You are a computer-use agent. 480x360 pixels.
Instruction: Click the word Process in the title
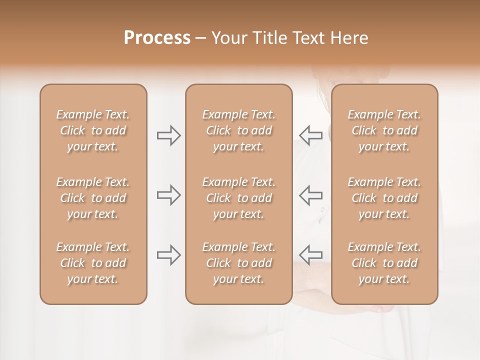coord(157,38)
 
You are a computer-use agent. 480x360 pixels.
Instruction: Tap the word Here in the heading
coord(348,38)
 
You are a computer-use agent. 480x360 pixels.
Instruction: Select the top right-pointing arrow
coord(169,135)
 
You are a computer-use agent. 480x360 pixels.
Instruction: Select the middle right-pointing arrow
coord(169,195)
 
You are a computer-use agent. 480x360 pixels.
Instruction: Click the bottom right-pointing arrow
coord(169,255)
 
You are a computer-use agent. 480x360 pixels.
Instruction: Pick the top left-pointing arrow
coord(311,135)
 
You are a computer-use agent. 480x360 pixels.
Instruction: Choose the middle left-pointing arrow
coord(311,195)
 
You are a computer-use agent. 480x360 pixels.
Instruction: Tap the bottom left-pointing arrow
coord(311,255)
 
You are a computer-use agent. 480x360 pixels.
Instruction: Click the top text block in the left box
coord(93,130)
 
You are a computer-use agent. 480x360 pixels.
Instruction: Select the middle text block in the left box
coord(93,198)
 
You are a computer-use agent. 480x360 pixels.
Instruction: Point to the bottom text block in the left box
coord(93,263)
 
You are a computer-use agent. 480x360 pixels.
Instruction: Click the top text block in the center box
coord(238,130)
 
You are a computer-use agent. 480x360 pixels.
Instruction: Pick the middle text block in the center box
coord(238,198)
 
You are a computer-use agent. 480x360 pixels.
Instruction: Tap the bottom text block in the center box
coord(238,263)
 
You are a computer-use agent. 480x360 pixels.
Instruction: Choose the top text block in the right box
coord(384,130)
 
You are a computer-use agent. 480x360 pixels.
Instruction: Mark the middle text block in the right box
coord(384,198)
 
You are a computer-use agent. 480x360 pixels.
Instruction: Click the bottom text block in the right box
coord(384,263)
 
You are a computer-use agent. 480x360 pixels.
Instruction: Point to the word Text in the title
coord(307,38)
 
